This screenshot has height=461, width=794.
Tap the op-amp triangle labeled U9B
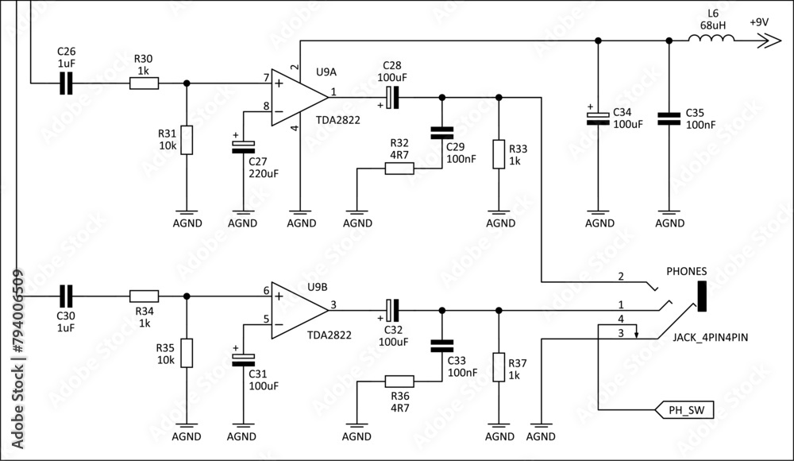coord(296,310)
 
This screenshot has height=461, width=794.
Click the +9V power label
coord(759,22)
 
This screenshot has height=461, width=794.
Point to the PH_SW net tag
coord(684,411)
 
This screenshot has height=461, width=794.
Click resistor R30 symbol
coord(144,83)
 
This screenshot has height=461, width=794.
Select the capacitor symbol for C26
coord(67,83)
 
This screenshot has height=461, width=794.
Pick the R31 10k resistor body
coord(187,140)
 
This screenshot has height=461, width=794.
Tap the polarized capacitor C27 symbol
coord(242,146)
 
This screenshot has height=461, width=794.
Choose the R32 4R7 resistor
coord(399,169)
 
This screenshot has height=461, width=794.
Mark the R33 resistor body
coord(499,153)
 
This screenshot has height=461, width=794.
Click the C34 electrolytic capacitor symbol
coord(596,118)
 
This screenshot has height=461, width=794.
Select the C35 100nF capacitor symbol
coord(669,118)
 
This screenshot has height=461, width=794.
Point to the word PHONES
coord(687,271)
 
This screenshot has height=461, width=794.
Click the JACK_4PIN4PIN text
coord(710,338)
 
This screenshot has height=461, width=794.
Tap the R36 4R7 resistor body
coord(399,381)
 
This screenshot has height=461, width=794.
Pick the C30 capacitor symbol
coord(67,296)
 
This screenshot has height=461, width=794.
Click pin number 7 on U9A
coord(266,77)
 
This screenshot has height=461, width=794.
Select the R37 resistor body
coord(499,367)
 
